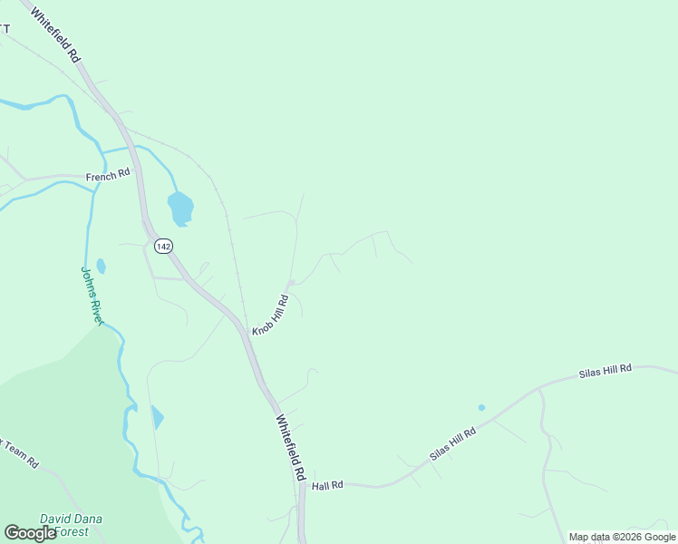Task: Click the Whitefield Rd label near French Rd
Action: [x=56, y=36]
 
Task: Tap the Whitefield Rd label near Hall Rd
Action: [x=290, y=448]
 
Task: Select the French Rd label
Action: [x=108, y=176]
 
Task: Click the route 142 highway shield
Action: [x=163, y=247]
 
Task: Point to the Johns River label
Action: [x=93, y=295]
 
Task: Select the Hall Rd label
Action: [x=326, y=486]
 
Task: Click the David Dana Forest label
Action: [x=71, y=525]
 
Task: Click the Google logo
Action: [x=30, y=533]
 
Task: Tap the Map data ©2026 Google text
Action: [x=622, y=537]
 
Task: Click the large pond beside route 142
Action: [x=180, y=209]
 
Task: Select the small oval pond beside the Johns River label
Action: [x=101, y=266]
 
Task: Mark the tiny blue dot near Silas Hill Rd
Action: [x=481, y=407]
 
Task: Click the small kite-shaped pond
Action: [x=157, y=417]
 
